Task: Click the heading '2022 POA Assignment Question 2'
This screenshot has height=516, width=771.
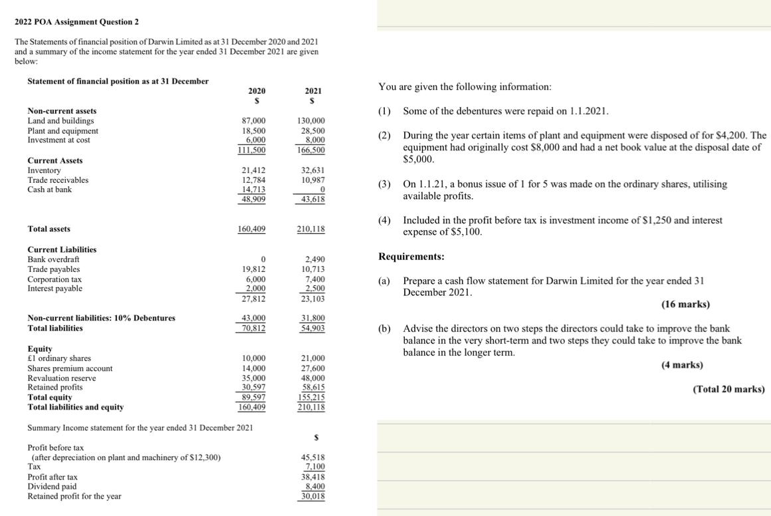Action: [76, 22]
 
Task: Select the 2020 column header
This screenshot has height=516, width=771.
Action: [257, 90]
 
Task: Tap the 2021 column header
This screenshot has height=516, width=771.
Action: [313, 90]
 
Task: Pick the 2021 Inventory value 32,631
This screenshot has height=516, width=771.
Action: [312, 171]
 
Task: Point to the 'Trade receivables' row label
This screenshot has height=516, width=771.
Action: [58, 180]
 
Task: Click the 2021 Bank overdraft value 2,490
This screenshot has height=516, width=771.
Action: [314, 259]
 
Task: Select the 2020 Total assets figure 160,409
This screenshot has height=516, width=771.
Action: [252, 229]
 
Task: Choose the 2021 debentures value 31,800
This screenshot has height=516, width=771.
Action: [312, 318]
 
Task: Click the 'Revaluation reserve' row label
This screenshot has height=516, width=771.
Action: [62, 378]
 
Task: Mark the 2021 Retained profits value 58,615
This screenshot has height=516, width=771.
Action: [312, 387]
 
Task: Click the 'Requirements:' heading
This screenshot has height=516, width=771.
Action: [411, 257]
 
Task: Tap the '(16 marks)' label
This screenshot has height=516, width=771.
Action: [685, 305]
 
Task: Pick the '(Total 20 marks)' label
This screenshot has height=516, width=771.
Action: [728, 389]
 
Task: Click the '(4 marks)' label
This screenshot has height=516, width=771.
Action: [682, 365]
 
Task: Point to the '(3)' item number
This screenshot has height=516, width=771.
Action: [384, 184]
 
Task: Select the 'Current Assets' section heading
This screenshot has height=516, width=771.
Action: [55, 161]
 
